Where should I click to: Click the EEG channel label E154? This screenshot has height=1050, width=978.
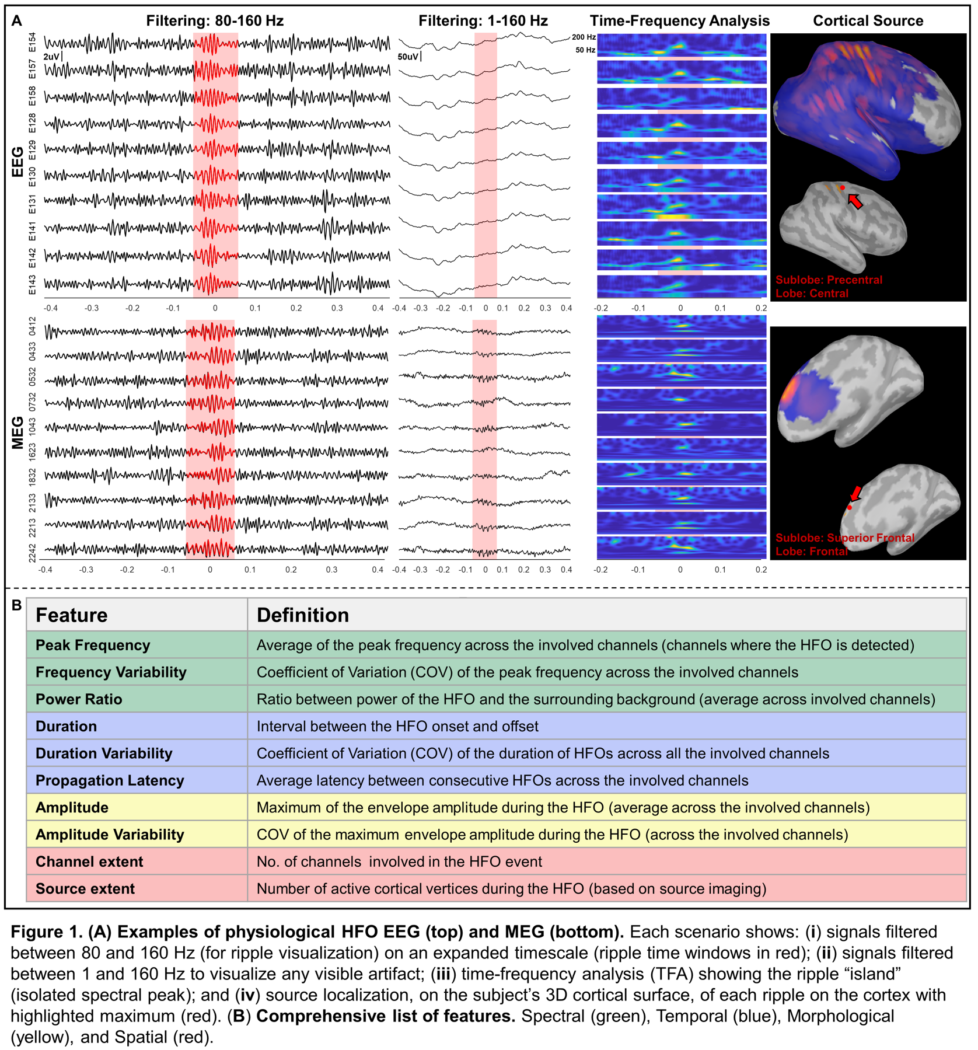(33, 42)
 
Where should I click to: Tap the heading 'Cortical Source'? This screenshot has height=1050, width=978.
(868, 21)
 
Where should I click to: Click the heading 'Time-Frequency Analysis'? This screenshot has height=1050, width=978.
(679, 21)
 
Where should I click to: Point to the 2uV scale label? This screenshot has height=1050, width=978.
(51, 57)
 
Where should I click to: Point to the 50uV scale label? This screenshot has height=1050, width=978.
(408, 57)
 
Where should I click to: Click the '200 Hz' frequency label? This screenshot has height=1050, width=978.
(584, 37)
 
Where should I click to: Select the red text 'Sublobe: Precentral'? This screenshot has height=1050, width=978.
(829, 280)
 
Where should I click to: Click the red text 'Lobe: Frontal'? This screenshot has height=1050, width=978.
(811, 551)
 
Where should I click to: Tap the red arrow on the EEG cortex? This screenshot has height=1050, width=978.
(855, 201)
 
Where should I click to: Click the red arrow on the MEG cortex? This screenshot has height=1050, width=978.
(855, 494)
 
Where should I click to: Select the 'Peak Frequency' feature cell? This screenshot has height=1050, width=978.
(93, 645)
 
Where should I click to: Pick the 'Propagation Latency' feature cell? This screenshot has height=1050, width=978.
(110, 780)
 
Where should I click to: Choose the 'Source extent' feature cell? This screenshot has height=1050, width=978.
(85, 888)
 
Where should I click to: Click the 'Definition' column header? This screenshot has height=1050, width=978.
(303, 615)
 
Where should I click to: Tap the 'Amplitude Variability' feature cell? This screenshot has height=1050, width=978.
(110, 835)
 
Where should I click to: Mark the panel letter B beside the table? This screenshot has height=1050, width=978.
(16, 605)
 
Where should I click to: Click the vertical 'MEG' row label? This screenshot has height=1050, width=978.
(18, 432)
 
